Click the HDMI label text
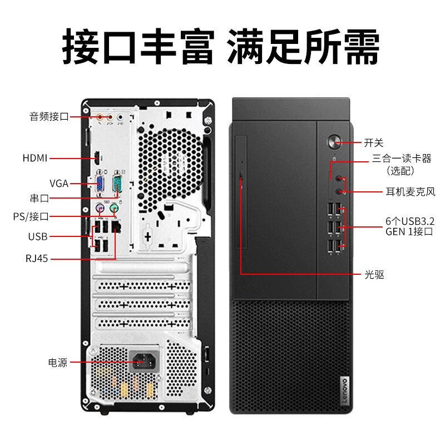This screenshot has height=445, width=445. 35,158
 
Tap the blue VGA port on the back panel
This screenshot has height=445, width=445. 100,183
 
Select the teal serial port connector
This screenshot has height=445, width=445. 117,183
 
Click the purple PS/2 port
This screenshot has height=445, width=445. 100,209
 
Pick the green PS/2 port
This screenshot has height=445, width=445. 114,208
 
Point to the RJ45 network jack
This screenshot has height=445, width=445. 116,226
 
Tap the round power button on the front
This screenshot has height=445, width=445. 334,142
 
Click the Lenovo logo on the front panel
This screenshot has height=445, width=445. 344,390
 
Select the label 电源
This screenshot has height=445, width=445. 58,363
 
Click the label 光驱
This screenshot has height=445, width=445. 374,274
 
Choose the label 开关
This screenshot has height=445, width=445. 374,142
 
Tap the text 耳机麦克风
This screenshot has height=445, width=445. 411,192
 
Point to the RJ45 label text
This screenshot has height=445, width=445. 37,259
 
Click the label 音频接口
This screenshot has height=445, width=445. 49,116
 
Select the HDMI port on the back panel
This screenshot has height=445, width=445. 97,158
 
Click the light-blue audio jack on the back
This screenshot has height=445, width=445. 121,117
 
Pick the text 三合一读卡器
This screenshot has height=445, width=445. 402,158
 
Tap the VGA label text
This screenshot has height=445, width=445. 59,184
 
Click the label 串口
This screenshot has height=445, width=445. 39,198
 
